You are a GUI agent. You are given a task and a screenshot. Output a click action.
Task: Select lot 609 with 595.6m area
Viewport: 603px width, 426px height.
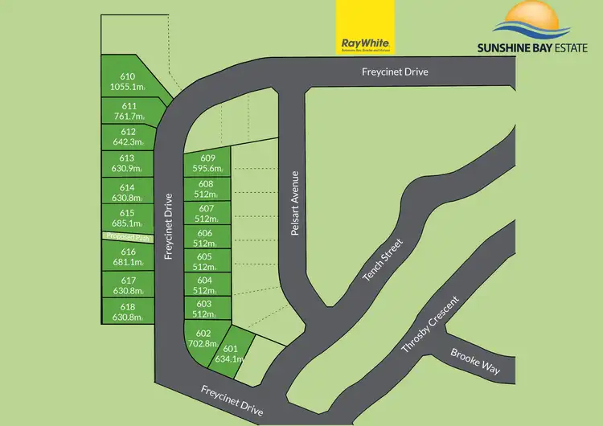207,163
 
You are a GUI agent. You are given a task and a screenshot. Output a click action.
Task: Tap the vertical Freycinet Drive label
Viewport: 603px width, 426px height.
170,226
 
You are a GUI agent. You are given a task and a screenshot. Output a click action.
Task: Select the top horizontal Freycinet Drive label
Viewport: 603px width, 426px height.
394,72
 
